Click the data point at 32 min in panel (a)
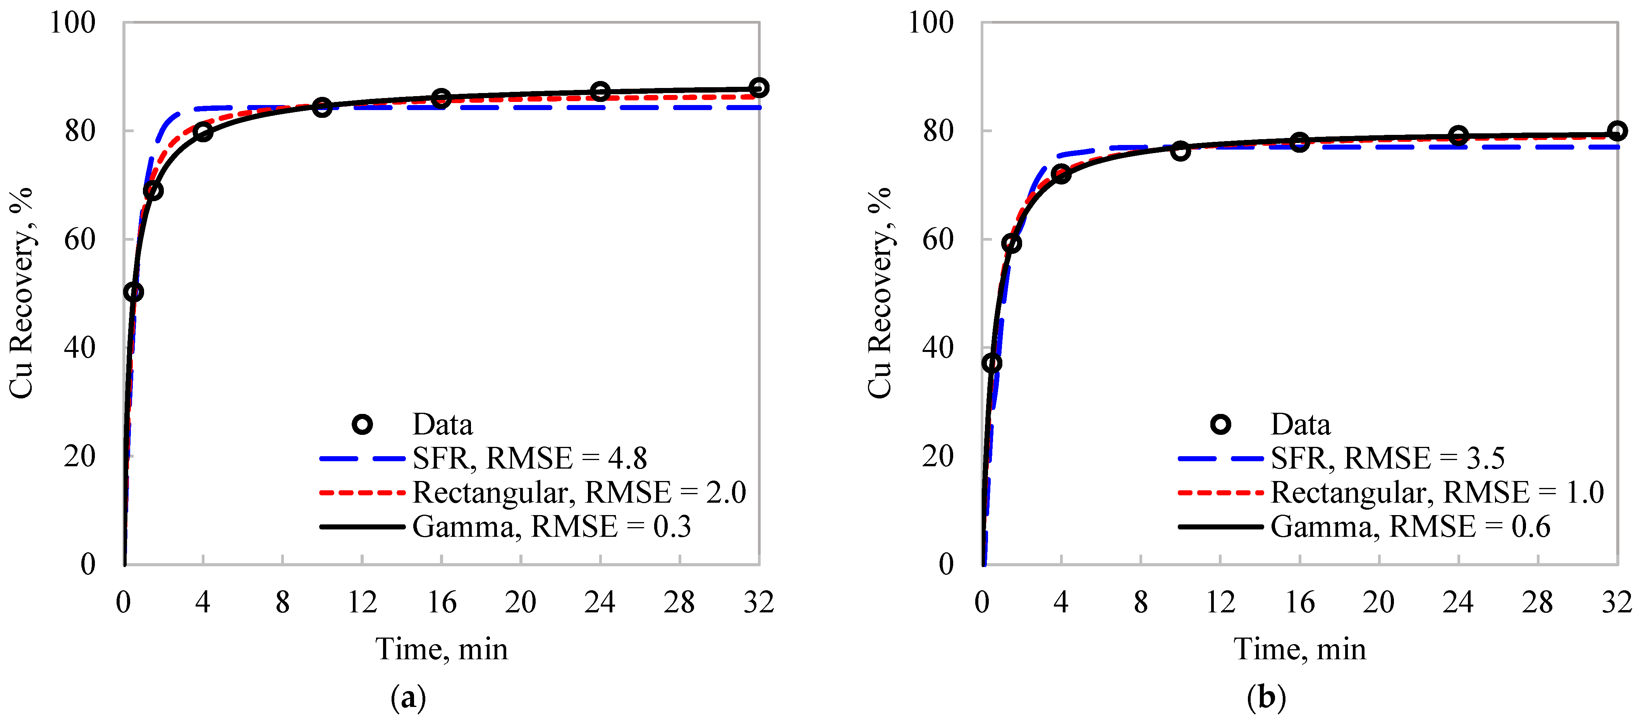pyautogui.click(x=759, y=88)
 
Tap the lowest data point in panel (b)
pyautogui.click(x=992, y=363)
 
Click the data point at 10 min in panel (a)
pyautogui.click(x=322, y=107)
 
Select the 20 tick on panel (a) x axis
pyautogui.click(x=520, y=602)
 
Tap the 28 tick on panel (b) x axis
pyautogui.click(x=1537, y=602)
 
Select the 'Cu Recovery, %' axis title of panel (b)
pyautogui.click(x=880, y=293)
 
